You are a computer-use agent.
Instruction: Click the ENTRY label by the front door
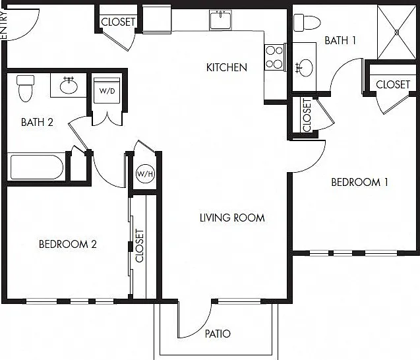click(x=3, y=24)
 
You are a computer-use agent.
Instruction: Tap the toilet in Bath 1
click(x=307, y=22)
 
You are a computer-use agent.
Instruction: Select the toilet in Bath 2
click(x=26, y=88)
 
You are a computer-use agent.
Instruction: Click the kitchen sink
click(x=220, y=20)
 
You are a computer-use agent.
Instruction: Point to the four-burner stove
click(x=274, y=57)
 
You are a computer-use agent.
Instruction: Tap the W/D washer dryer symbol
click(x=107, y=90)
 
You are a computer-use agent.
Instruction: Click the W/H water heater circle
click(x=145, y=174)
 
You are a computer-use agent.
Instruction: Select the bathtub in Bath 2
click(x=37, y=167)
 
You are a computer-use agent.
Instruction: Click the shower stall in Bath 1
click(x=397, y=32)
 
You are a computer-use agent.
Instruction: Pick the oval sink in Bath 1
click(x=305, y=68)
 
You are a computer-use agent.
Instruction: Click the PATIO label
click(x=218, y=334)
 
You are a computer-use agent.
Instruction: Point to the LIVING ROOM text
click(x=232, y=218)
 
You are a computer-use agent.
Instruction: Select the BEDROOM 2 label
click(x=67, y=244)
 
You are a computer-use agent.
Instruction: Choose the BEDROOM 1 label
click(x=359, y=182)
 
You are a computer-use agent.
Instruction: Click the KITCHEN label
click(x=227, y=67)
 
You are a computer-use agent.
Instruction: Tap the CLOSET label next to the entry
click(x=118, y=22)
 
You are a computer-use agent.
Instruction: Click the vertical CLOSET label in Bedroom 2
click(x=140, y=246)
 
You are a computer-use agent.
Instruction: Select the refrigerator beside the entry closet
click(x=157, y=19)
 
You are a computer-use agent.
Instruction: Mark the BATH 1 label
click(x=340, y=40)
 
